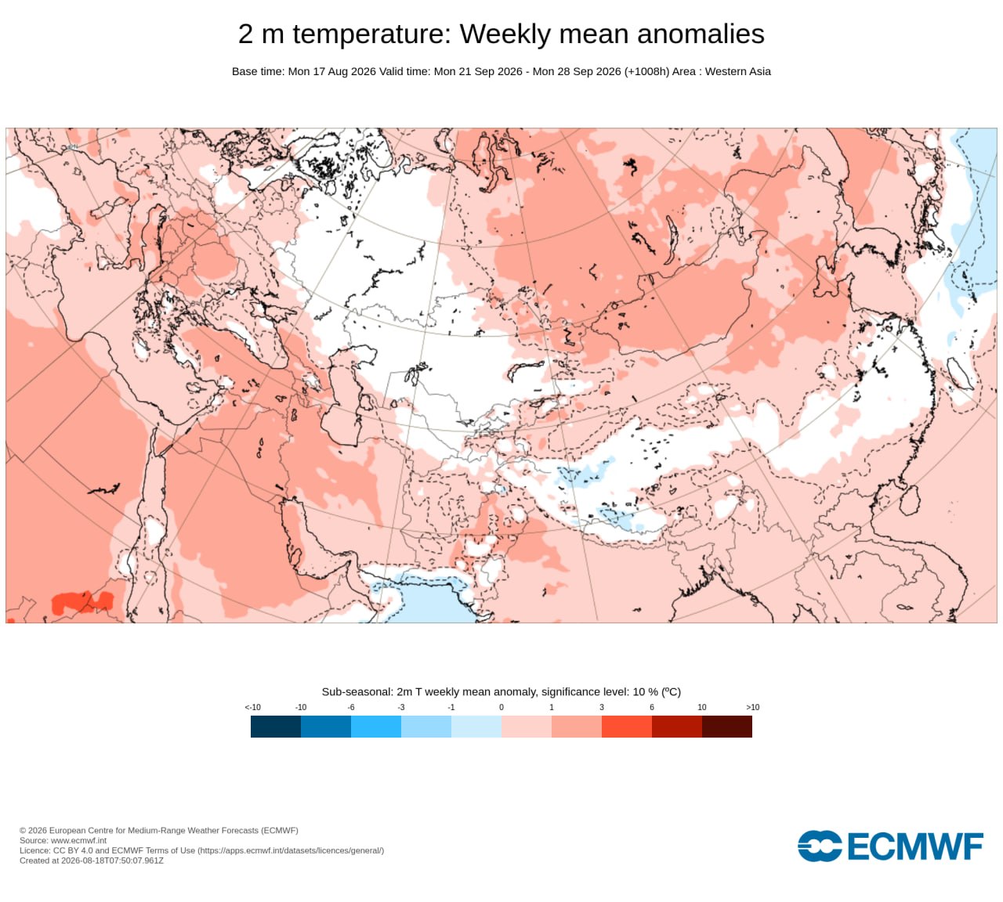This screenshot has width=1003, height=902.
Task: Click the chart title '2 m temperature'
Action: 345,34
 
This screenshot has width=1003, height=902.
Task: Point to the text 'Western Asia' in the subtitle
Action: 737,71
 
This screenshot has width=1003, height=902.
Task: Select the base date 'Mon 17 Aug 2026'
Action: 331,71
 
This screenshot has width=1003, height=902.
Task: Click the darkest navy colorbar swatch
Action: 276,726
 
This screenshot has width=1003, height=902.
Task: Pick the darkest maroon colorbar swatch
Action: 726,726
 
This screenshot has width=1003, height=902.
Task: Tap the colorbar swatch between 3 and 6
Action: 627,726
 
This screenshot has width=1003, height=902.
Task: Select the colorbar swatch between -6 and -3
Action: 376,726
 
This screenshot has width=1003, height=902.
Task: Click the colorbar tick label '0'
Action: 501,706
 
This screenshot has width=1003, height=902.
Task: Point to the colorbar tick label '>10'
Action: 752,706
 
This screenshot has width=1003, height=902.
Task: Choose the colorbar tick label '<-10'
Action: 252,706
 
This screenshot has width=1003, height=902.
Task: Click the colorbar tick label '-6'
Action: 351,706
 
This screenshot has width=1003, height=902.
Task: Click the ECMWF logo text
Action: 915,846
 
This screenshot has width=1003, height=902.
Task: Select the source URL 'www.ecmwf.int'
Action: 78,840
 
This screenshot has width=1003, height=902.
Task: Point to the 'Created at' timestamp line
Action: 92,861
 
